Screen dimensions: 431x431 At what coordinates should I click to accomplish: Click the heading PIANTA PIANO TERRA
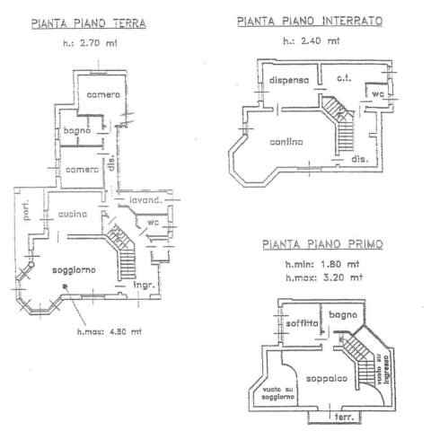tap(89, 23)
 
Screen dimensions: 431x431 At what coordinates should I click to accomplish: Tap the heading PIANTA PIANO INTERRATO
tap(310, 22)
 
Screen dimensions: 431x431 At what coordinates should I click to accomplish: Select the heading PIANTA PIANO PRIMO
tap(322, 244)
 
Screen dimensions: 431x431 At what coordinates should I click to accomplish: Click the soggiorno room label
tap(74, 270)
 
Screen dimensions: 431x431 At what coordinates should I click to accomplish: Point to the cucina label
tap(73, 214)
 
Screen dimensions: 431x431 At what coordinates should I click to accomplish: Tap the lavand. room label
tap(145, 200)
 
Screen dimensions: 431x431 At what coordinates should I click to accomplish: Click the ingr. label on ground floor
tap(145, 286)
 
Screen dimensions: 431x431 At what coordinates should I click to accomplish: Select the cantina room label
tap(286, 142)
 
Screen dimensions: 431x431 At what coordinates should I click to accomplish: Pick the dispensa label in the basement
tap(289, 80)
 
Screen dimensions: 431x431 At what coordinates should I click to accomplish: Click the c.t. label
tap(344, 78)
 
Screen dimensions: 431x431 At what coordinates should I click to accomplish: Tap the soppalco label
tap(327, 379)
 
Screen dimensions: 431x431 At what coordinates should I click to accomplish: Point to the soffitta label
tap(302, 323)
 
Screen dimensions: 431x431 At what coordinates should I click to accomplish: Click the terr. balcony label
tap(344, 417)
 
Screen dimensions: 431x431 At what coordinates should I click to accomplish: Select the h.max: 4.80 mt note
tap(110, 331)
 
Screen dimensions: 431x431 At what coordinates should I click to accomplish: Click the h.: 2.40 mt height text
tap(312, 40)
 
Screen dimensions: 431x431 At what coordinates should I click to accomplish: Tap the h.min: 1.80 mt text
tap(322, 264)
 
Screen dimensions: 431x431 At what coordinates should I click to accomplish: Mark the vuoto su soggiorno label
tap(278, 393)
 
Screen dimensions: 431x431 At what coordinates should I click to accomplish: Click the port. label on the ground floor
tap(27, 210)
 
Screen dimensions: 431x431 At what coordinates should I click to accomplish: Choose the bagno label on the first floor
tap(343, 315)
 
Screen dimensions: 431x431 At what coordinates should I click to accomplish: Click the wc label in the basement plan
tap(378, 94)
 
